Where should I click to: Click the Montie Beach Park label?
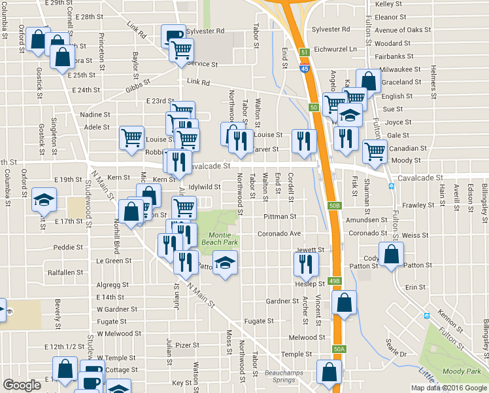222,239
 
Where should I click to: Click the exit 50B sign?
335,206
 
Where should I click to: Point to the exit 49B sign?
335,281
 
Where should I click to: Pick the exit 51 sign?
305,52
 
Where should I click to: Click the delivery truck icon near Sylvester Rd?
173,35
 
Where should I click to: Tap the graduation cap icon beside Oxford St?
44,199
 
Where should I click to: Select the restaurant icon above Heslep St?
305,263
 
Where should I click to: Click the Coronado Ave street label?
278,233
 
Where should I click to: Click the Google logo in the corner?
22,385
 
